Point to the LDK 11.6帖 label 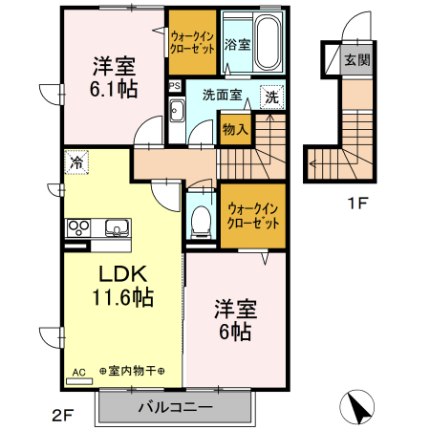coord(120,284)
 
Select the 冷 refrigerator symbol coord(75,162)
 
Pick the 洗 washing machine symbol coord(272,97)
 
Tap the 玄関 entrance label coord(355,60)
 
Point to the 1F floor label coord(355,202)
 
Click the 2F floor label coord(61,416)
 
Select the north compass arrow coord(358,409)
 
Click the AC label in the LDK coord(79,373)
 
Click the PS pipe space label coord(174,86)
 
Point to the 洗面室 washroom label coord(219,96)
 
